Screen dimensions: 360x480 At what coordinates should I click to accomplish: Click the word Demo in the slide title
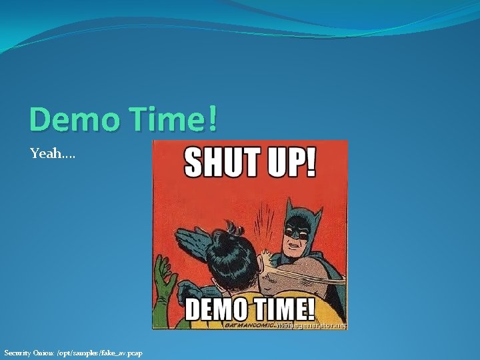tap(70, 119)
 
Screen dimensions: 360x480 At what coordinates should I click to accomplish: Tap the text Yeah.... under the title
tap(53, 154)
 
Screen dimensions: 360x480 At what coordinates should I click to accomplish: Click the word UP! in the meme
tap(287, 162)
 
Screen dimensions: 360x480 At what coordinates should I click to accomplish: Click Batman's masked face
tap(299, 230)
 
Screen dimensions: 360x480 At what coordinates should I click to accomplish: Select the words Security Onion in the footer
tap(26, 353)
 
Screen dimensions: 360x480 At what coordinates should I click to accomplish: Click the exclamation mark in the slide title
tap(211, 119)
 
